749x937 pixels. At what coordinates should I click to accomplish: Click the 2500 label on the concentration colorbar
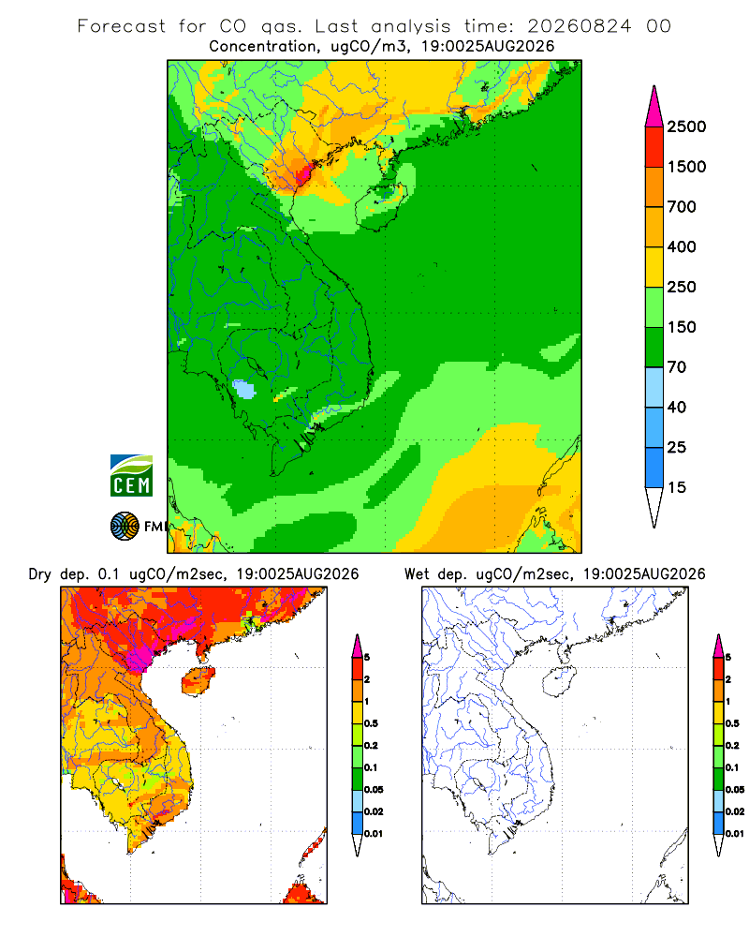tap(686, 126)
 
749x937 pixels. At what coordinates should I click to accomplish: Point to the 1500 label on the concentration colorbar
tap(686, 167)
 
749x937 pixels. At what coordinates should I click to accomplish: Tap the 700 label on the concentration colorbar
tap(682, 207)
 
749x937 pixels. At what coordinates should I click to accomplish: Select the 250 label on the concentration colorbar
tap(682, 287)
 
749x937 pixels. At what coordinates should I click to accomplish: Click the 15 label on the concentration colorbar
tap(677, 487)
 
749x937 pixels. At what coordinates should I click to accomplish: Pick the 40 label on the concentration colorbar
tap(677, 407)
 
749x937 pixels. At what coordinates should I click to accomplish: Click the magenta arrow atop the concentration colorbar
tap(654, 107)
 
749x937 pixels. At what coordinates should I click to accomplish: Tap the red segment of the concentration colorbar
tap(654, 147)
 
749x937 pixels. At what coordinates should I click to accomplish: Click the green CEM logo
tap(131, 476)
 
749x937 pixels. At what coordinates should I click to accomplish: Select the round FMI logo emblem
tap(125, 527)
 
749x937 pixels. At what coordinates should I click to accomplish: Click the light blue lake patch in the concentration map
tap(243, 390)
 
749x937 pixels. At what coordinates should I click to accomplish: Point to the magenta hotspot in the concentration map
tap(304, 172)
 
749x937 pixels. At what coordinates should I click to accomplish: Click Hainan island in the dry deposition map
tap(198, 681)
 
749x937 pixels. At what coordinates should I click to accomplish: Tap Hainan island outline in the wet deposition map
tap(560, 681)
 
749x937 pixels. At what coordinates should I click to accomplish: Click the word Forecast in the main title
tap(122, 26)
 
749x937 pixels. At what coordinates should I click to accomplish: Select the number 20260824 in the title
tap(579, 26)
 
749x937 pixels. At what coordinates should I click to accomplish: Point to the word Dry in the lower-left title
tap(39, 574)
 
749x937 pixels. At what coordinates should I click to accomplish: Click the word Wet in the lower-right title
tap(417, 574)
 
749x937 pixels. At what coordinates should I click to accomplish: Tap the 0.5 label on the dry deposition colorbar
tap(371, 723)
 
